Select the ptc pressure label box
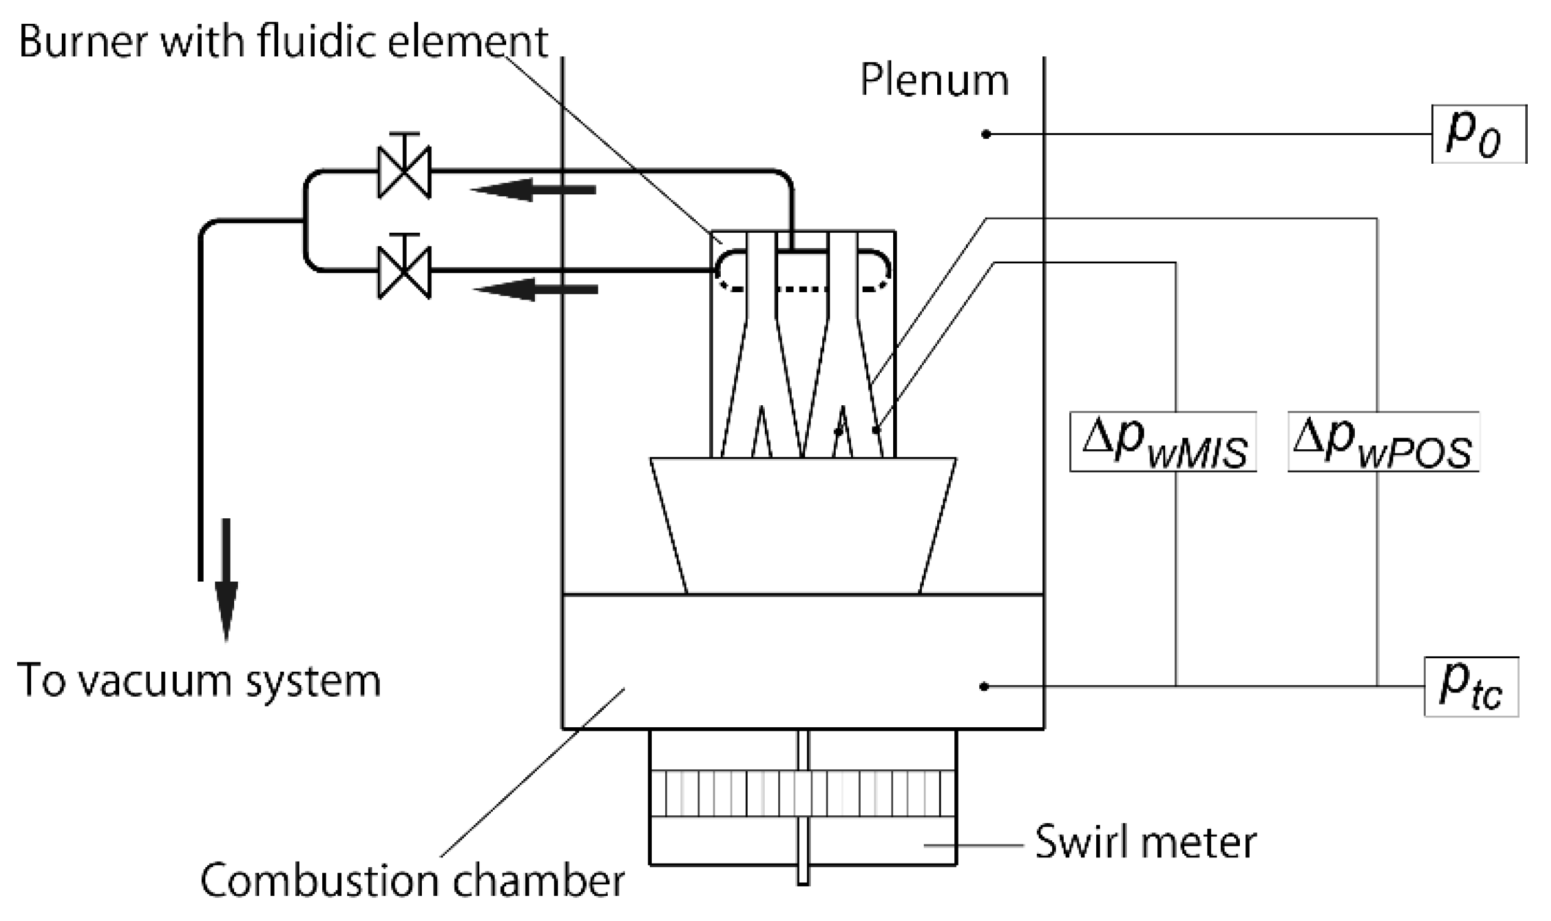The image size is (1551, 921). click(x=1470, y=687)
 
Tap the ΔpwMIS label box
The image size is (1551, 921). click(x=1162, y=442)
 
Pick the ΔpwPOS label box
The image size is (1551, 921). click(x=1383, y=442)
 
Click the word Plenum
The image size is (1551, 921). click(x=934, y=81)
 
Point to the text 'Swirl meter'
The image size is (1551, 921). click(x=1145, y=843)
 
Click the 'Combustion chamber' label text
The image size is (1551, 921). click(x=412, y=881)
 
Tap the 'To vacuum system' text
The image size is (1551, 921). click(x=199, y=681)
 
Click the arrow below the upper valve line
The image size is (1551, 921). click(x=534, y=189)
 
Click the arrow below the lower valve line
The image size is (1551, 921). click(x=535, y=289)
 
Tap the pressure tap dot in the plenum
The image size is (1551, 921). click(x=985, y=134)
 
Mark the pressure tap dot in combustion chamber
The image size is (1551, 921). click(x=983, y=686)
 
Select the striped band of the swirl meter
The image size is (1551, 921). click(x=803, y=793)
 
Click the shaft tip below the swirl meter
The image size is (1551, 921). click(x=803, y=875)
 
